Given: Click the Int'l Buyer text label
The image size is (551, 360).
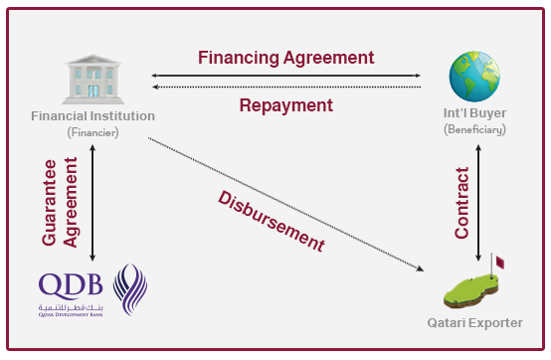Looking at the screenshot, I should click(475, 115).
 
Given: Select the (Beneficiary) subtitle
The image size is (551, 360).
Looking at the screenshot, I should click(475, 130).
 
